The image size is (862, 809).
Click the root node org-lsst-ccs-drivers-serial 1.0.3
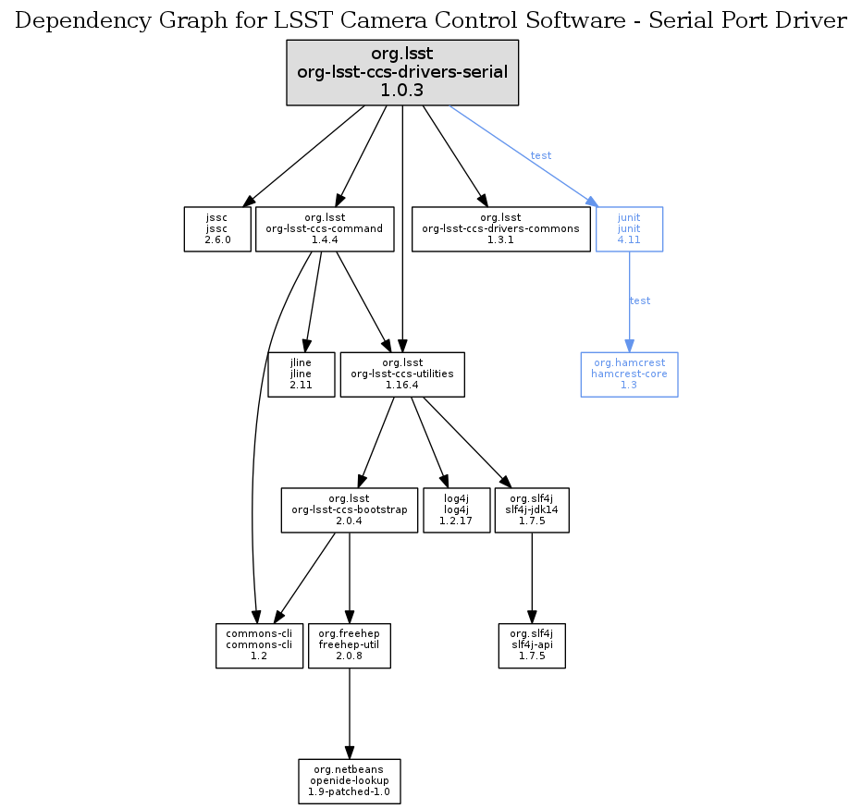(402, 72)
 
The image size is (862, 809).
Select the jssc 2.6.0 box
(217, 228)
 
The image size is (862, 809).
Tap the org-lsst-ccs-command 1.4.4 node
(325, 228)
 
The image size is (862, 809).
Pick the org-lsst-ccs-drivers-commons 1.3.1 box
(500, 228)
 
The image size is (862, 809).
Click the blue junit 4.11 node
(629, 228)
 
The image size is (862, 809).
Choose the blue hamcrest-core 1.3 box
(629, 374)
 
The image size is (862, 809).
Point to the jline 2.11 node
(302, 374)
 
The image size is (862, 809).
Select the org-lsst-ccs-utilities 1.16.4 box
(402, 374)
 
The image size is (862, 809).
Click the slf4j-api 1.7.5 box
(532, 645)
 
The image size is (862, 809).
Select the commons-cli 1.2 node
(259, 645)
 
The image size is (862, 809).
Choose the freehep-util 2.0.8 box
(349, 645)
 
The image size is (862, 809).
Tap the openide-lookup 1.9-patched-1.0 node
(349, 781)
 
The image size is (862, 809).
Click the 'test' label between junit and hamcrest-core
(639, 300)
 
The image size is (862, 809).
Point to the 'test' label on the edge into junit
(541, 155)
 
